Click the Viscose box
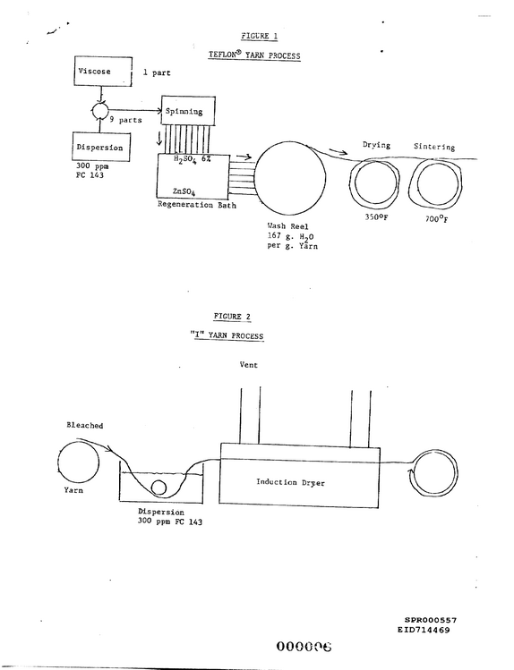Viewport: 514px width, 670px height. coord(104,72)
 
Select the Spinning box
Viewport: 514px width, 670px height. coord(188,111)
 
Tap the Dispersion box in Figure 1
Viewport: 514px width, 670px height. coord(101,147)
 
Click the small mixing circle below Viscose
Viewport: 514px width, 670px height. coord(100,112)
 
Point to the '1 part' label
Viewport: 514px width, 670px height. coord(157,73)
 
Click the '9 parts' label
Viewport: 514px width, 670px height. coord(125,120)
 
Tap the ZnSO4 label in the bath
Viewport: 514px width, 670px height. coord(184,191)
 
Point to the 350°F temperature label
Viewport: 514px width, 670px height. coord(376,217)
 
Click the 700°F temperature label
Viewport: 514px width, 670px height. coord(437,219)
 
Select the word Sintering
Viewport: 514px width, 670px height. coord(434,147)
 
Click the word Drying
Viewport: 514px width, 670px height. coord(376,145)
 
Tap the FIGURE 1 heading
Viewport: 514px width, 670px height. coord(259,36)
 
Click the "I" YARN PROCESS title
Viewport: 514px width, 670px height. coord(227,335)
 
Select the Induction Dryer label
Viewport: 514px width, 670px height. coord(290,482)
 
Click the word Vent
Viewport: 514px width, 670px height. coord(248,365)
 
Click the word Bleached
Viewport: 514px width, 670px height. coord(85,425)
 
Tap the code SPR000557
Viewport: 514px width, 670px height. coord(431,620)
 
